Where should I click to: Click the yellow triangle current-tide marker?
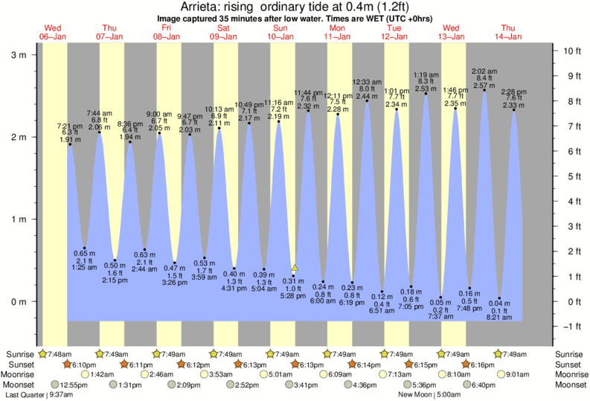pos(295,267)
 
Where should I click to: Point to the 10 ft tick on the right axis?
pos(572,51)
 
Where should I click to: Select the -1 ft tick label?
pos(572,327)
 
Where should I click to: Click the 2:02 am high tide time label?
pos(484,71)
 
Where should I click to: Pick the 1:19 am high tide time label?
pos(426,74)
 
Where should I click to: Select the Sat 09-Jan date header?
pos(222,32)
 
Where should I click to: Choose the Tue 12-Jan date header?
pos(394,32)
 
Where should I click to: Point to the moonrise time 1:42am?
pos(103,375)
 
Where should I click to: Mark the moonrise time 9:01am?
pos(523,375)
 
